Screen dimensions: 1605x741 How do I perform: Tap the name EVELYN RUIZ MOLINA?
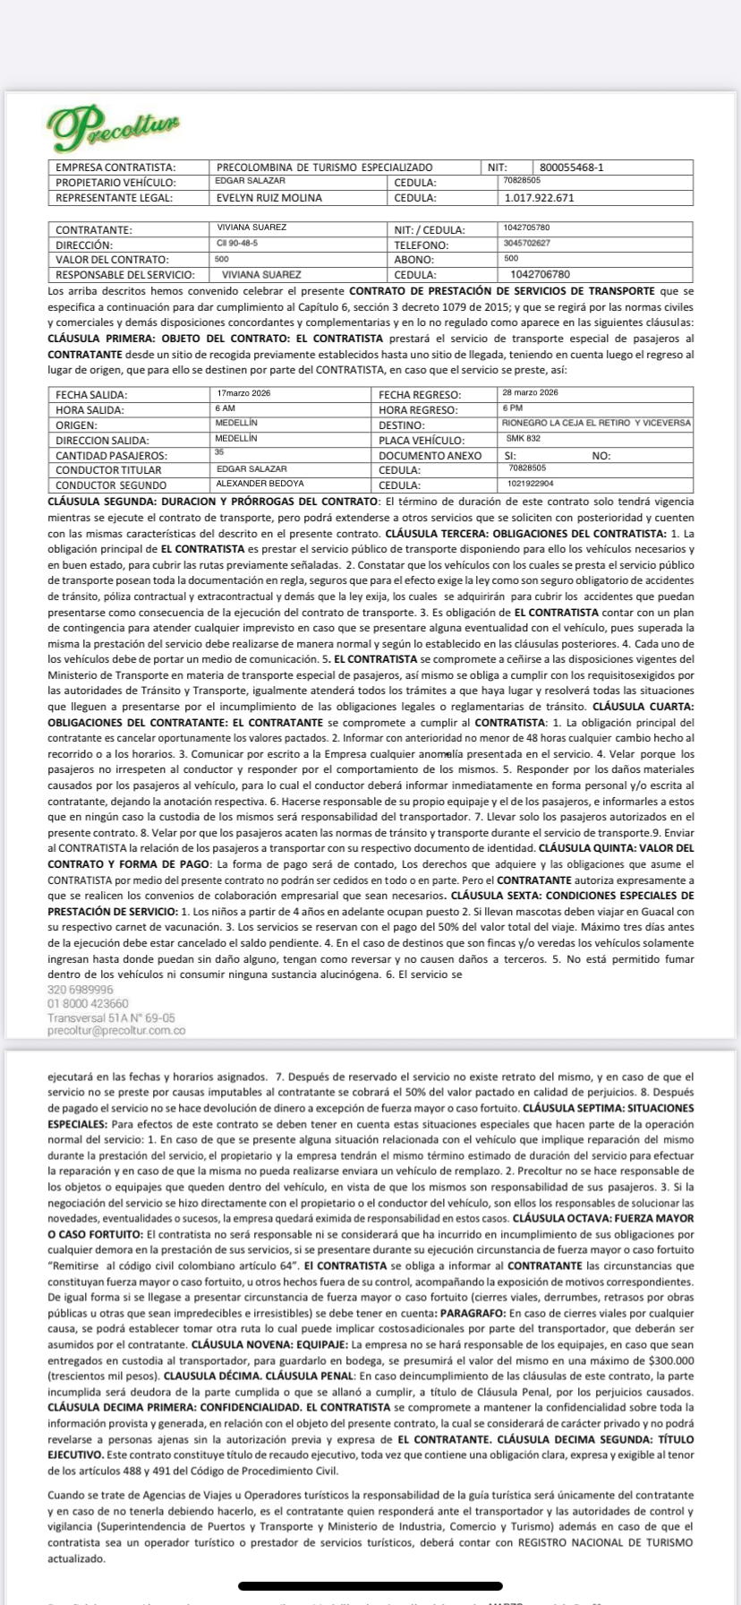pyautogui.click(x=268, y=198)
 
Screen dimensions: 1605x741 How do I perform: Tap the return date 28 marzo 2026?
pyautogui.click(x=530, y=393)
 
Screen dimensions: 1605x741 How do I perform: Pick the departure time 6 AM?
pyautogui.click(x=225, y=408)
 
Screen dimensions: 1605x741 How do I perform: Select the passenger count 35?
pyautogui.click(x=219, y=453)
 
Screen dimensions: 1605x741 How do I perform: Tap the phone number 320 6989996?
pyautogui.click(x=81, y=990)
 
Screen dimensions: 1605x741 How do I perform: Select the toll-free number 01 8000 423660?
pyautogui.click(x=88, y=1003)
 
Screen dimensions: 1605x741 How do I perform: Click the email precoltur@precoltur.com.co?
pyautogui.click(x=116, y=1031)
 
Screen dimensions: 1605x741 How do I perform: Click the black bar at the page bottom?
pyautogui.click(x=370, y=1585)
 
